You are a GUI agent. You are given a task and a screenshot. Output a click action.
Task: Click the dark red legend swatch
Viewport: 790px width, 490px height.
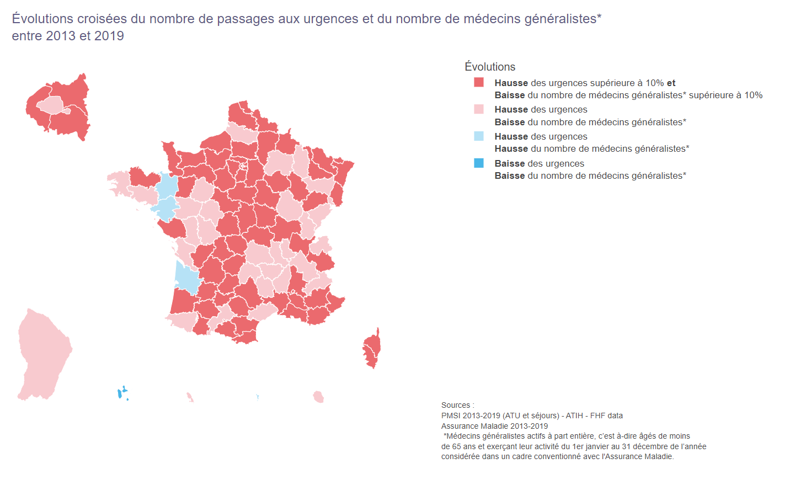pos(479,82)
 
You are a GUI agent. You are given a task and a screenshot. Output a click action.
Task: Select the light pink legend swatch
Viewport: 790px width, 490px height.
pos(479,109)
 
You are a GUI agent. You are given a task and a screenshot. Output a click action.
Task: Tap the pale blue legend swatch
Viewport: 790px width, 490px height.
pos(479,136)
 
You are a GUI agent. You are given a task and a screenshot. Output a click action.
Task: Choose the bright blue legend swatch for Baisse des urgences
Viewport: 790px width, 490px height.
pos(479,163)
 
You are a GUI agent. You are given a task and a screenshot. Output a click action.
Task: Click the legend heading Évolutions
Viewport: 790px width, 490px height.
pos(489,67)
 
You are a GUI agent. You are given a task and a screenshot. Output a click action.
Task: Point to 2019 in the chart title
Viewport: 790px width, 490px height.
pos(109,36)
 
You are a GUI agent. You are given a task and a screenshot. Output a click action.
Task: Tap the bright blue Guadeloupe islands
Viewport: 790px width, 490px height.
pos(120,393)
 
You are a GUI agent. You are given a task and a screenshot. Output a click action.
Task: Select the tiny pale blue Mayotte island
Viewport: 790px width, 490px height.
pos(258,397)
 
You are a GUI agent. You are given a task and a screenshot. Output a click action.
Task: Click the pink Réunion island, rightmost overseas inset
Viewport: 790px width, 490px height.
pos(318,397)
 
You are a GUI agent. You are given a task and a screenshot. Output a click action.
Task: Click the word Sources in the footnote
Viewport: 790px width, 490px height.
pos(456,405)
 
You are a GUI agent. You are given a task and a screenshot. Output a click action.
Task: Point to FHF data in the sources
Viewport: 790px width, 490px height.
pos(606,416)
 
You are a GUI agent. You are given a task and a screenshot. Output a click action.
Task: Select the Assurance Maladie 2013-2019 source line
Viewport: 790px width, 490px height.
pos(494,426)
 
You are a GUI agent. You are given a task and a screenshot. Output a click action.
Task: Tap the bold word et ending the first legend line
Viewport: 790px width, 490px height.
pos(671,83)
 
